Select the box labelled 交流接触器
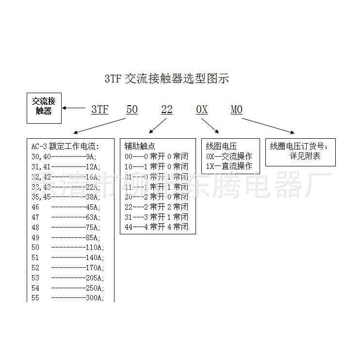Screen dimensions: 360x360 tap(42, 106)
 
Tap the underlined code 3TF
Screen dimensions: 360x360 tap(99, 110)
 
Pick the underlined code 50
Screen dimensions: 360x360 tap(131, 110)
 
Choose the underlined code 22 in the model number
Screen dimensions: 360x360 tap(166, 110)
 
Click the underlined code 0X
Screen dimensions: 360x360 tap(202, 110)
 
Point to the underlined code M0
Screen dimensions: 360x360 tap(236, 110)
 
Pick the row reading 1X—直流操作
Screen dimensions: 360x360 tap(229, 166)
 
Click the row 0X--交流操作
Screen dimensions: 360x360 tap(229, 156)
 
